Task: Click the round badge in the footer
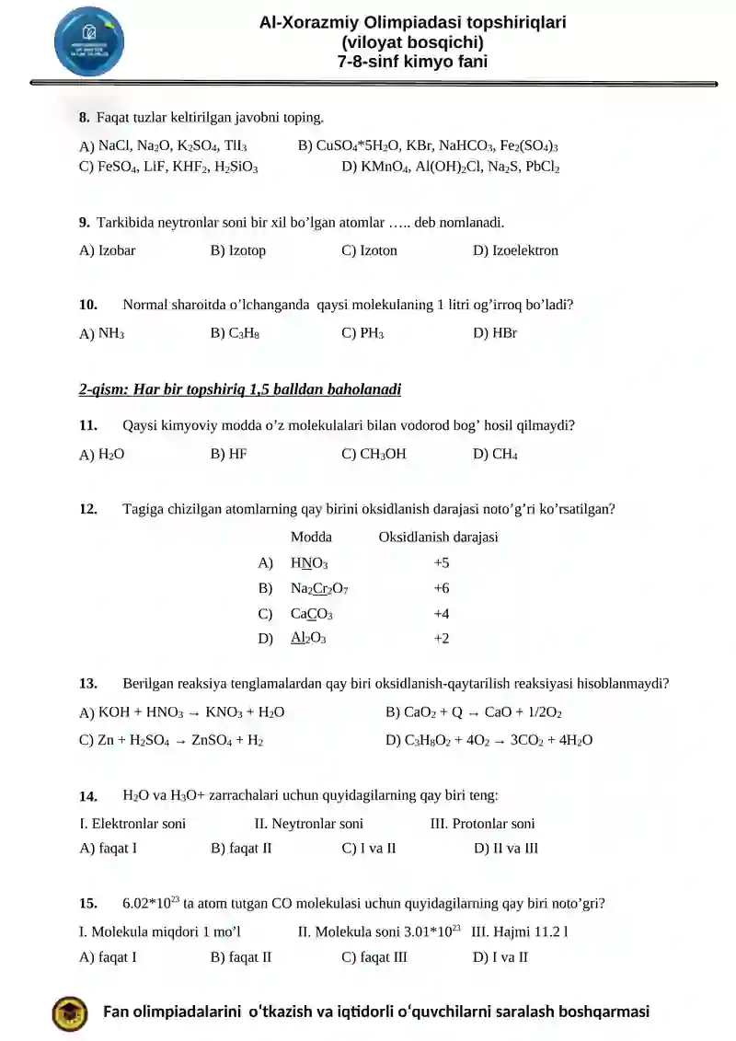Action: [71, 1012]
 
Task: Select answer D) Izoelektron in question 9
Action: [515, 250]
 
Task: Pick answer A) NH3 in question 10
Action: [102, 333]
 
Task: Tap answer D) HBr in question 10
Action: [495, 333]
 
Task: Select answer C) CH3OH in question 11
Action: [374, 454]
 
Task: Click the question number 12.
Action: [88, 509]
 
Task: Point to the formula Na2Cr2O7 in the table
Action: [319, 588]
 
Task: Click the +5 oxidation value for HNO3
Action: [441, 562]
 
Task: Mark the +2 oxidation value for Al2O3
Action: [441, 638]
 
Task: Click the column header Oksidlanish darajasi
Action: [438, 537]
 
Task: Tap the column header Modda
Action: [311, 537]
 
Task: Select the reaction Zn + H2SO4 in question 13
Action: [172, 739]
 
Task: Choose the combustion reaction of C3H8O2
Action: [489, 739]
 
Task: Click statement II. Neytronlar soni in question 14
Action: [308, 824]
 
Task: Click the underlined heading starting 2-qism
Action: [240, 389]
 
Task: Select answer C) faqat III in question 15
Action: [374, 957]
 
